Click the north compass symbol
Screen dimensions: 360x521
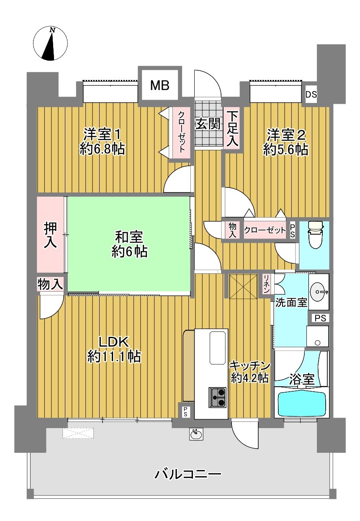click(x=50, y=44)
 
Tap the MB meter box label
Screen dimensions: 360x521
click(x=159, y=85)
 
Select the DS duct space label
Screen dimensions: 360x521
click(x=311, y=95)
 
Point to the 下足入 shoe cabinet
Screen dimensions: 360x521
click(x=232, y=128)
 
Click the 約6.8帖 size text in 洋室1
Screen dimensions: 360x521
click(x=102, y=149)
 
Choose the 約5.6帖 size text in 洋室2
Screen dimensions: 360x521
click(x=286, y=149)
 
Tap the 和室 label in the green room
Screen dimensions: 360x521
click(x=129, y=237)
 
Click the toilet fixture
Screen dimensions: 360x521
click(x=315, y=234)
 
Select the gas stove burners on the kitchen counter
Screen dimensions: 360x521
click(x=217, y=398)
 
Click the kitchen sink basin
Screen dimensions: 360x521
click(x=218, y=348)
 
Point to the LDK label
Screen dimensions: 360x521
click(x=113, y=342)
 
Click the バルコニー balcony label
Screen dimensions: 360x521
click(x=188, y=474)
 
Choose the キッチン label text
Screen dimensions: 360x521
click(x=249, y=366)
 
